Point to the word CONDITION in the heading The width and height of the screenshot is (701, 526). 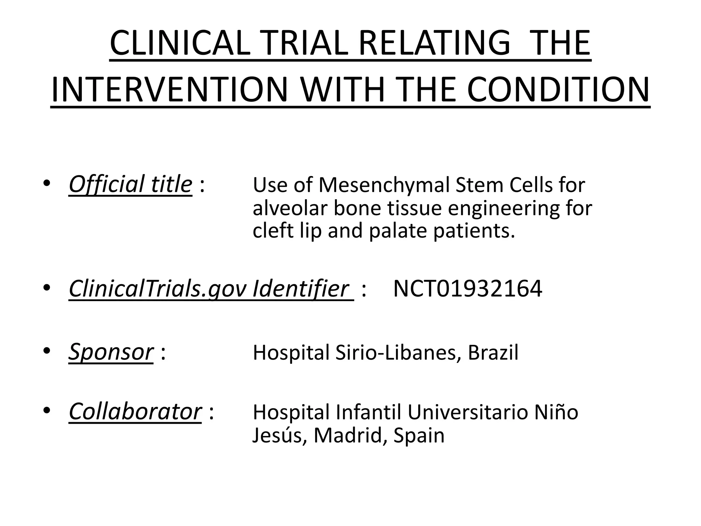click(x=558, y=90)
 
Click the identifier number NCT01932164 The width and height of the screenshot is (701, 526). click(x=468, y=289)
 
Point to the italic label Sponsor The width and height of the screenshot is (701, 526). click(x=111, y=352)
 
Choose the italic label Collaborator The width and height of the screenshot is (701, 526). click(x=135, y=411)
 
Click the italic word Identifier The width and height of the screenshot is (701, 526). click(x=301, y=289)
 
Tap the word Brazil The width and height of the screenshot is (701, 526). click(x=493, y=352)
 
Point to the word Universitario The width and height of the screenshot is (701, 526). click(x=468, y=412)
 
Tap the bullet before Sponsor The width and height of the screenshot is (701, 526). click(x=47, y=351)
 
